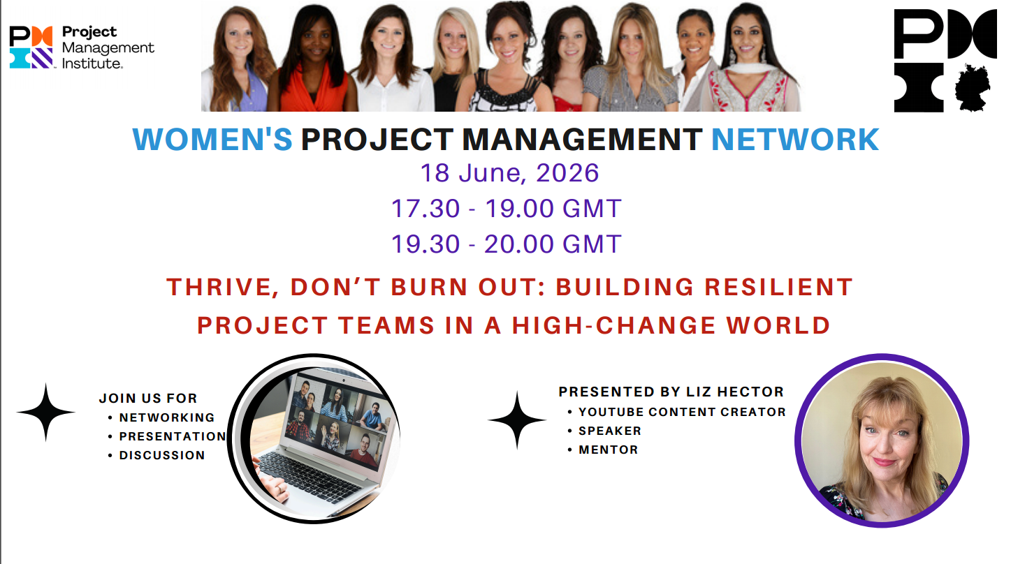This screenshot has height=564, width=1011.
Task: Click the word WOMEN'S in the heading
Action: coord(212,140)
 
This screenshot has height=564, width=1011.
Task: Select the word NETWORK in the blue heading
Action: coord(794,140)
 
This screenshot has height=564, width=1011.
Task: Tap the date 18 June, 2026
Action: coord(509,172)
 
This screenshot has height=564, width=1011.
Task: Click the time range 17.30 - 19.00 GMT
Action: coord(506,208)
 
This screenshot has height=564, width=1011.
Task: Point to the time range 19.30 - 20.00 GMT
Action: coord(506,244)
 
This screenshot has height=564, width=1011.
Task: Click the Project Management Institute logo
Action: coord(82,47)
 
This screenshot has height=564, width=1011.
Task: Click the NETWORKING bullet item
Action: coord(166,417)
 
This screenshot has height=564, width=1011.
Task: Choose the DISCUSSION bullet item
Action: coord(161,455)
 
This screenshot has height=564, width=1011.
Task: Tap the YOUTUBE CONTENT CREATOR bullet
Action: coord(682,412)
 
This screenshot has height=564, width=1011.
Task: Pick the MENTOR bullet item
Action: coord(608,450)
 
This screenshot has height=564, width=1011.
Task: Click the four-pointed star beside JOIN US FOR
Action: coord(46,412)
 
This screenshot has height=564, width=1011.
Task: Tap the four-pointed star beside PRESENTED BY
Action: coord(517,420)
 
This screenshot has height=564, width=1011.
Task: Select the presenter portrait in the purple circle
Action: coord(882,441)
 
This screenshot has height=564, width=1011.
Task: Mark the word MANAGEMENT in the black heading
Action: coord(583,140)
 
